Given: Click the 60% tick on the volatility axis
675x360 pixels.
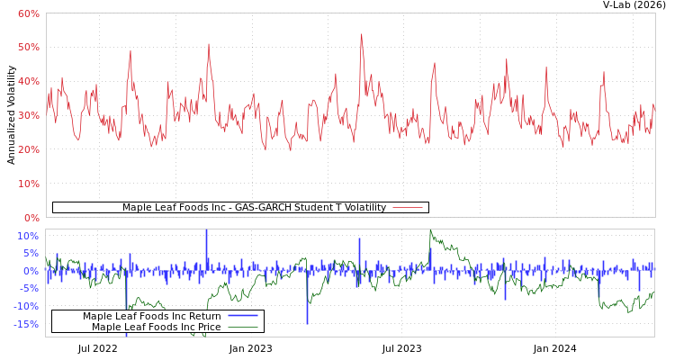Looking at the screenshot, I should (28, 13).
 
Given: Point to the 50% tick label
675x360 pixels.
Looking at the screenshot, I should (28, 47).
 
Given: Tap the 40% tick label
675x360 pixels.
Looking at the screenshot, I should (28, 81).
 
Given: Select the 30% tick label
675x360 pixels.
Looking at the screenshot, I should (28, 115).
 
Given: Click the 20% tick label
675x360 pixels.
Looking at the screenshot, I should (28, 149).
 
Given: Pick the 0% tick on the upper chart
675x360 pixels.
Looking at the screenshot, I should (31, 218).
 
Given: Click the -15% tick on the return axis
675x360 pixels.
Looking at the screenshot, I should (28, 324).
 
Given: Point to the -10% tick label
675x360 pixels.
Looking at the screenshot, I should (28, 306).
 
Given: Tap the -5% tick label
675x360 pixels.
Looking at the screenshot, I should (30, 289).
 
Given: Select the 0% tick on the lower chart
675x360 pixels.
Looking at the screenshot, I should (31, 271).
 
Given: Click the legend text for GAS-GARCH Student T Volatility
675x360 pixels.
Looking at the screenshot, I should (254, 208).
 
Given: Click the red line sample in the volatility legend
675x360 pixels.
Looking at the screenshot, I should (408, 208).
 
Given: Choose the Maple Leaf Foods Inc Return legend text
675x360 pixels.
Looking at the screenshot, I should (151, 316).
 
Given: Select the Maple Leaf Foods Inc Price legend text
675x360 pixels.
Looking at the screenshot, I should (156, 328).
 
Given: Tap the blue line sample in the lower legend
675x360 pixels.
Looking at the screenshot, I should (243, 316).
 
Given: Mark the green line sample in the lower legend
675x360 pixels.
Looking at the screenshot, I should (243, 328).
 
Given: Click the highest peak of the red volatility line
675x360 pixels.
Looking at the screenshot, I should (362, 35).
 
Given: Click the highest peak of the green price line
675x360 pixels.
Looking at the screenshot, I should (431, 231).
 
